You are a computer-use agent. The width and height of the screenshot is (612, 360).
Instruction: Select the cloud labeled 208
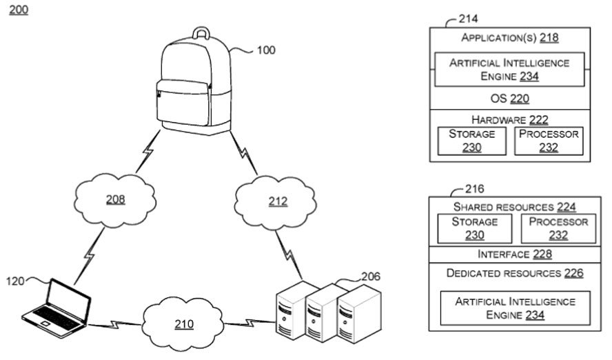(x=115, y=200)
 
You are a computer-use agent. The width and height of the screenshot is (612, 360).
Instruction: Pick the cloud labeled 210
(x=183, y=323)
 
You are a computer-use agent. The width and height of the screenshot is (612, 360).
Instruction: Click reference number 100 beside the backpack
(x=265, y=50)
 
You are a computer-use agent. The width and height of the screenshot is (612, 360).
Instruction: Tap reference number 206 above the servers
(x=370, y=276)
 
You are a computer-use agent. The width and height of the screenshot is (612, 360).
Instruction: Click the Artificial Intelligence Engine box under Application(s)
(x=509, y=69)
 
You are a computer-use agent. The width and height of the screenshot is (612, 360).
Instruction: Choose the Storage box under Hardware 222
(x=472, y=141)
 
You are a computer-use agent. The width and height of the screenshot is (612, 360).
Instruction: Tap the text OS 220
(x=509, y=98)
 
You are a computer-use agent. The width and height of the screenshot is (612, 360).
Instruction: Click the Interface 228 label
(x=509, y=254)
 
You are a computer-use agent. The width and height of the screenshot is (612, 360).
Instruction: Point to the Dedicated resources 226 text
(x=514, y=273)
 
